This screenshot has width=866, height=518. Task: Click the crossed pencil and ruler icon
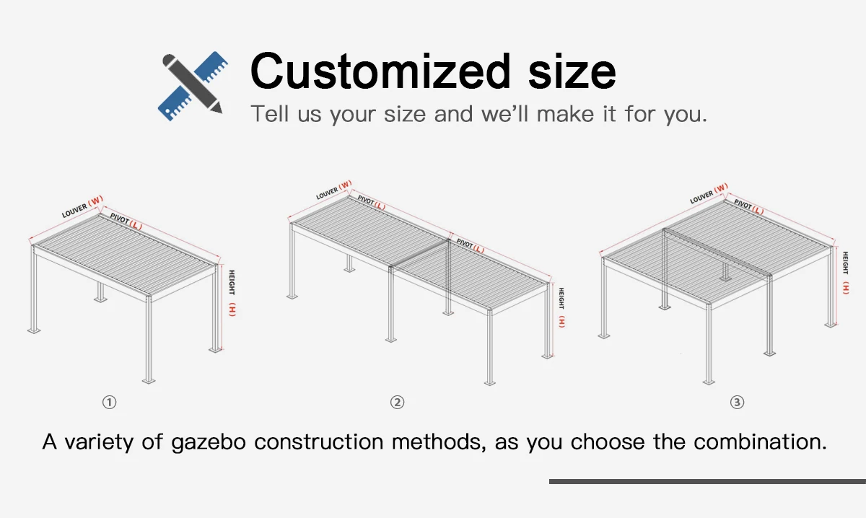point(193,86)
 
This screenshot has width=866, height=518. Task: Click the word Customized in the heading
point(381,71)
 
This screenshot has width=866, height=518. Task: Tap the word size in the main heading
point(572,71)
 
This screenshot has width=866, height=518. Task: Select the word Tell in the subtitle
point(270,114)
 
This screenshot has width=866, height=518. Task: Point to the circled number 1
point(110,403)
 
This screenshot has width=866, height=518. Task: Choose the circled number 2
point(397,403)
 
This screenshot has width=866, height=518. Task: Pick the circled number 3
point(737,403)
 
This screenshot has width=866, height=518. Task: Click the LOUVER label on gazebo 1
point(74,211)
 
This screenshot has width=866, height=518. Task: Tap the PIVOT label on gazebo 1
point(120,218)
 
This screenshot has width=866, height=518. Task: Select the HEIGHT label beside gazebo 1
point(232,282)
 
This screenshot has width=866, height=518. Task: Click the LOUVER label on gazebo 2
point(327,193)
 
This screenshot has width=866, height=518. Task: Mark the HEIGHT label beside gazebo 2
point(561,298)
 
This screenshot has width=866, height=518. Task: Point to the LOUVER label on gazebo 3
point(701,197)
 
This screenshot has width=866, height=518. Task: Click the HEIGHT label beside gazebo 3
point(846,263)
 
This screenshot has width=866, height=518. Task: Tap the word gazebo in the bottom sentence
point(209,442)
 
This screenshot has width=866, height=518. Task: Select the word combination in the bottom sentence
point(760,441)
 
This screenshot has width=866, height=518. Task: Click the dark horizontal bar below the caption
point(707,481)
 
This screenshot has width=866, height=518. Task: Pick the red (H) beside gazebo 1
point(232,310)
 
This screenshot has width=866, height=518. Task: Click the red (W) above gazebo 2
point(345,185)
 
